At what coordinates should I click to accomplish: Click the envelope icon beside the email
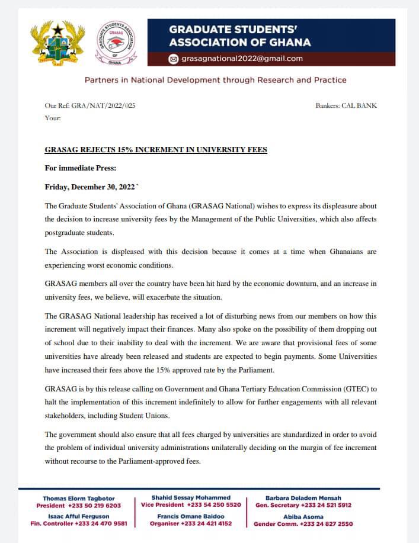tap(173, 59)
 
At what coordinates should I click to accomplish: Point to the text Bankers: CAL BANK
tap(347, 105)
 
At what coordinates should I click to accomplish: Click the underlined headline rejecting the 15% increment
tap(156, 150)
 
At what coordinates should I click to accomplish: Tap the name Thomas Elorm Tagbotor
tap(78, 498)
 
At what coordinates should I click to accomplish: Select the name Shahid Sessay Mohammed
tap(191, 497)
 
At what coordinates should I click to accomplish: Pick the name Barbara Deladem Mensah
tap(303, 498)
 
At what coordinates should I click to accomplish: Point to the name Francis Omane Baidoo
tap(191, 516)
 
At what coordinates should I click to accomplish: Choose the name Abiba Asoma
tap(303, 516)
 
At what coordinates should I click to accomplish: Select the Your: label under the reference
tap(53, 118)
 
